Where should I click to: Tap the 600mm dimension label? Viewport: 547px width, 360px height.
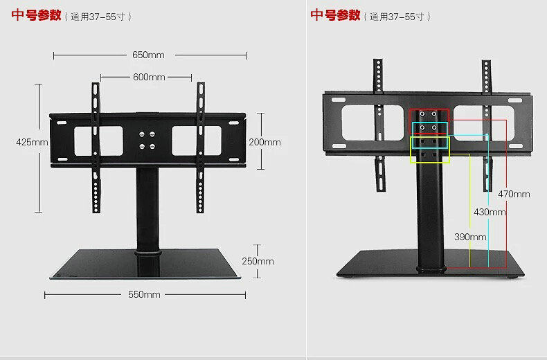pyautogui.click(x=149, y=77)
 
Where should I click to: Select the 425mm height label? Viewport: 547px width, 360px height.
pyautogui.click(x=32, y=142)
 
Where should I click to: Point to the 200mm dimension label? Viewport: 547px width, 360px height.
pyautogui.click(x=264, y=142)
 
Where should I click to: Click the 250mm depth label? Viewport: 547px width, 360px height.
pyautogui.click(x=258, y=261)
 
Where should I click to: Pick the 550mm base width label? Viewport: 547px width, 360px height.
pyautogui.click(x=144, y=294)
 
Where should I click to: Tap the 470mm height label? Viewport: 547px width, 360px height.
pyautogui.click(x=514, y=195)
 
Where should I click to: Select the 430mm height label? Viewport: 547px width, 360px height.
pyautogui.click(x=490, y=212)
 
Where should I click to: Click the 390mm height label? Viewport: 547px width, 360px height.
pyautogui.click(x=470, y=237)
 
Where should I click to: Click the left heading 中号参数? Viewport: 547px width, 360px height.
pyautogui.click(x=36, y=15)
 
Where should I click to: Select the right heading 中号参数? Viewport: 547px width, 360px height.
pyautogui.click(x=335, y=15)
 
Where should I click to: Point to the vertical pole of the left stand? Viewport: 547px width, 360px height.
pyautogui.click(x=146, y=208)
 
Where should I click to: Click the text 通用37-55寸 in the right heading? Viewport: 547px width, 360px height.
pyautogui.click(x=396, y=16)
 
